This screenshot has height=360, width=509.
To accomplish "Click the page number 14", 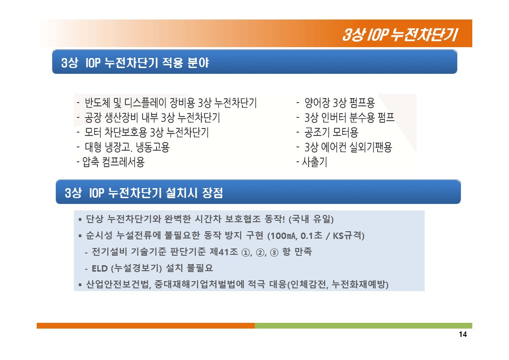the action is click(463, 334).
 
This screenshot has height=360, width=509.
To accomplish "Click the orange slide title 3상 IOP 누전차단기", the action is click(400, 34).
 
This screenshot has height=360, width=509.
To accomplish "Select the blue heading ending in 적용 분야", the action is click(135, 62).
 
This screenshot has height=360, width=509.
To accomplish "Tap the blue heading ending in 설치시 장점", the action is click(144, 193).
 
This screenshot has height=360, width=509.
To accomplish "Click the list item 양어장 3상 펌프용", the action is click(339, 102).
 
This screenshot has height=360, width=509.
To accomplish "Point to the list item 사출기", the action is click(315, 161).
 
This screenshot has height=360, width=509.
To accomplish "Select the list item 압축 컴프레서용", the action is click(113, 161).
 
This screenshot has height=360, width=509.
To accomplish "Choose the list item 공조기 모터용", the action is click(331, 132).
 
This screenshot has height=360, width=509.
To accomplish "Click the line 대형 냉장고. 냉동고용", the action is click(127, 147).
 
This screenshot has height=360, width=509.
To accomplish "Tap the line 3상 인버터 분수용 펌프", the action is click(349, 117).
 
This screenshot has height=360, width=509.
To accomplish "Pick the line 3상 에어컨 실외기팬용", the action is click(348, 147).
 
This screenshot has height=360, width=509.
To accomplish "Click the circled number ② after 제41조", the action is click(260, 252).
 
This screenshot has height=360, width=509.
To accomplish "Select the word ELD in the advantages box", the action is click(100, 268).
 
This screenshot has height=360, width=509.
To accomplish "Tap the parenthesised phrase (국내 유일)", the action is click(311, 219).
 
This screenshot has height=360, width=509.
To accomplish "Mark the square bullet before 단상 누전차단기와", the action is click(80, 220).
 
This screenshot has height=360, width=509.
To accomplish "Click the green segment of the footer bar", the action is click(363, 326).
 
